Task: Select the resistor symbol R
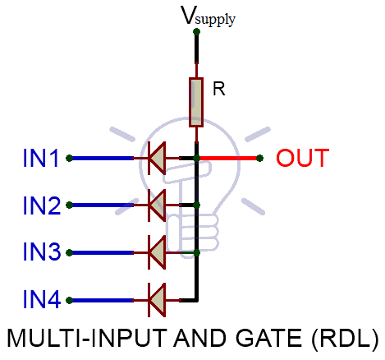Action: (x=196, y=103)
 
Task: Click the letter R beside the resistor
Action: (x=218, y=90)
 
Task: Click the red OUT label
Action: (x=302, y=158)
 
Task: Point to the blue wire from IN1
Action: (x=103, y=158)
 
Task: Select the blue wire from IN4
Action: (x=103, y=298)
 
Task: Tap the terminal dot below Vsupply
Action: (x=196, y=33)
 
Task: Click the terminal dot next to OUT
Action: (x=260, y=158)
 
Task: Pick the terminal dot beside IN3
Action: (x=71, y=252)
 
